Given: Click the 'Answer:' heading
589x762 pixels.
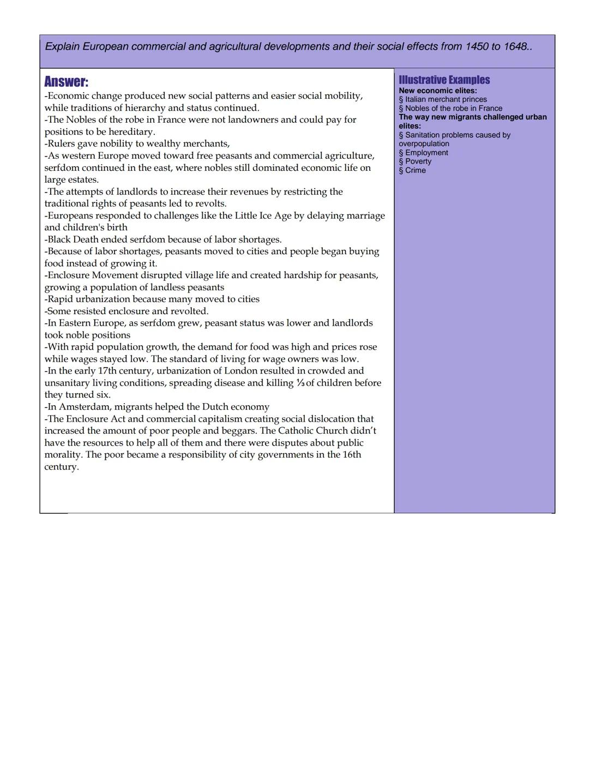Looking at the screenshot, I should pyautogui.click(x=66, y=82).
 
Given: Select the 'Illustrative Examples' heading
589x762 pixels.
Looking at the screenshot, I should pyautogui.click(x=444, y=80).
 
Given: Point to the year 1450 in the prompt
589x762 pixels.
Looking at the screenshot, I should pyautogui.click(x=477, y=47).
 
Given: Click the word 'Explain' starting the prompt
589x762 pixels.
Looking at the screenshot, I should pyautogui.click(x=62, y=47).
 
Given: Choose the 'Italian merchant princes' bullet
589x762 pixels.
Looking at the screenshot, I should pyautogui.click(x=446, y=99).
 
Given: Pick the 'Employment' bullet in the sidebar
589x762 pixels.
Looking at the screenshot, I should pyautogui.click(x=426, y=153).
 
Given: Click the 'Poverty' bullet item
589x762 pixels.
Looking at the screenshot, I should pyautogui.click(x=418, y=161).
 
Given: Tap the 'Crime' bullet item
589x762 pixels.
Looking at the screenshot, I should pyautogui.click(x=415, y=170).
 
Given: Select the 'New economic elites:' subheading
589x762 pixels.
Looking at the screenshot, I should pyautogui.click(x=437, y=91).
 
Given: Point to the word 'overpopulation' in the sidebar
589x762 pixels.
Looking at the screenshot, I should pyautogui.click(x=424, y=143).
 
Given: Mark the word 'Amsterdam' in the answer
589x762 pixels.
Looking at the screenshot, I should pyautogui.click(x=84, y=407).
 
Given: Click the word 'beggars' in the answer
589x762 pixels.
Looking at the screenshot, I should pyautogui.click(x=238, y=431).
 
